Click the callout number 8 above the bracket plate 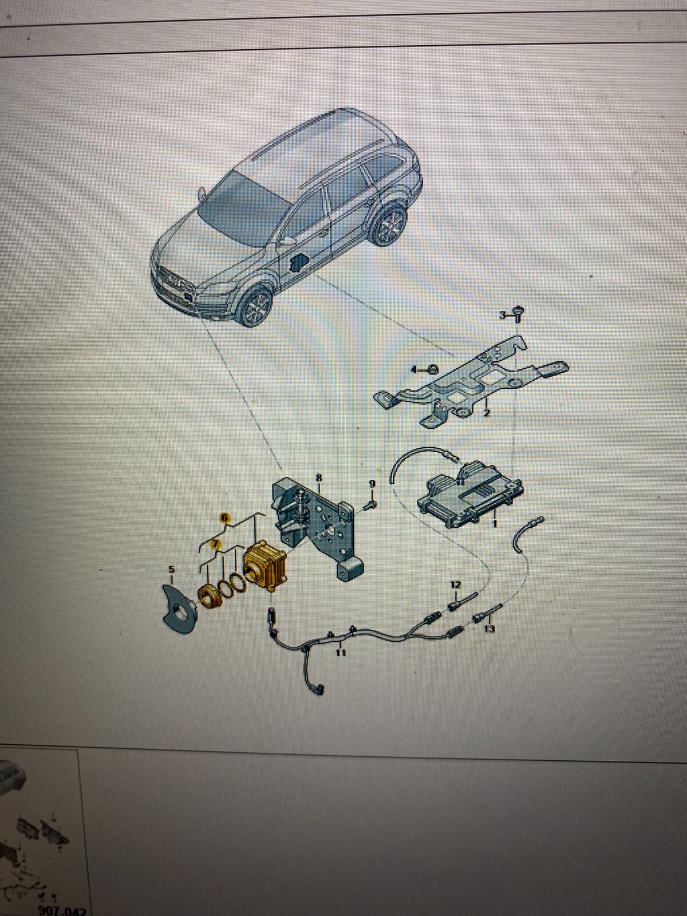point(319,477)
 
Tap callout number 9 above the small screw point(372,484)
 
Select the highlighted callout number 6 point(226,518)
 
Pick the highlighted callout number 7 point(215,544)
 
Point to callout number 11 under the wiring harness point(341,652)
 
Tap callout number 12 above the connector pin point(455,585)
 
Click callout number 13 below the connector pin point(489,629)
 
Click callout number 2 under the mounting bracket point(486,412)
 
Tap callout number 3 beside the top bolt point(503,315)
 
